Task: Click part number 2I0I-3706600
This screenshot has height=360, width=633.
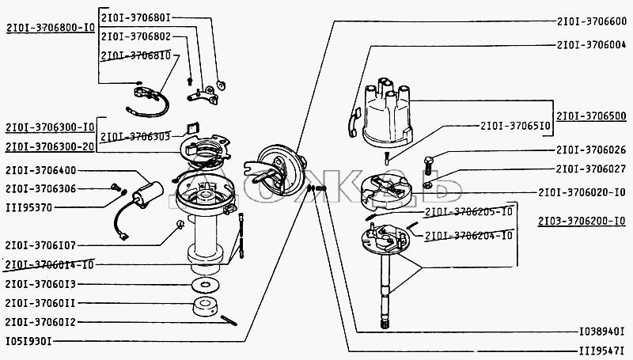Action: (591, 21)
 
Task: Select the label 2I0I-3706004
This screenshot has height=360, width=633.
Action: (591, 45)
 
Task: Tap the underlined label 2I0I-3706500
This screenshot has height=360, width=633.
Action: (591, 116)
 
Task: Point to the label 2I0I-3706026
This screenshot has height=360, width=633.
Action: (591, 150)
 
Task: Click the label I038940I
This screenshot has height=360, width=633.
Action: (601, 332)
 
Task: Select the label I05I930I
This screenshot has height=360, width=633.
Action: (28, 341)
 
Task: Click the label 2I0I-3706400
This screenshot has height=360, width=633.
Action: (41, 170)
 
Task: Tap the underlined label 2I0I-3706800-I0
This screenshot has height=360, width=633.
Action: (51, 28)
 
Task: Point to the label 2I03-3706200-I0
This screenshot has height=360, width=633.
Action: (582, 221)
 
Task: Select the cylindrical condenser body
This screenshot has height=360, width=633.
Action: (148, 194)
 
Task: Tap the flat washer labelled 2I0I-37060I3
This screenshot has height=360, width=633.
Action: (206, 285)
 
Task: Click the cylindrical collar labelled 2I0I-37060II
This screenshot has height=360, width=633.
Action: (205, 306)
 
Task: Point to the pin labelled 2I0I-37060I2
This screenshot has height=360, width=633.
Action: (229, 320)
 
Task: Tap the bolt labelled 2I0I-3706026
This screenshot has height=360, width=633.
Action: (428, 165)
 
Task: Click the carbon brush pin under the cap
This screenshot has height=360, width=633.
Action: (386, 157)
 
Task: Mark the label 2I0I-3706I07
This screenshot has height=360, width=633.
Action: (40, 245)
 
